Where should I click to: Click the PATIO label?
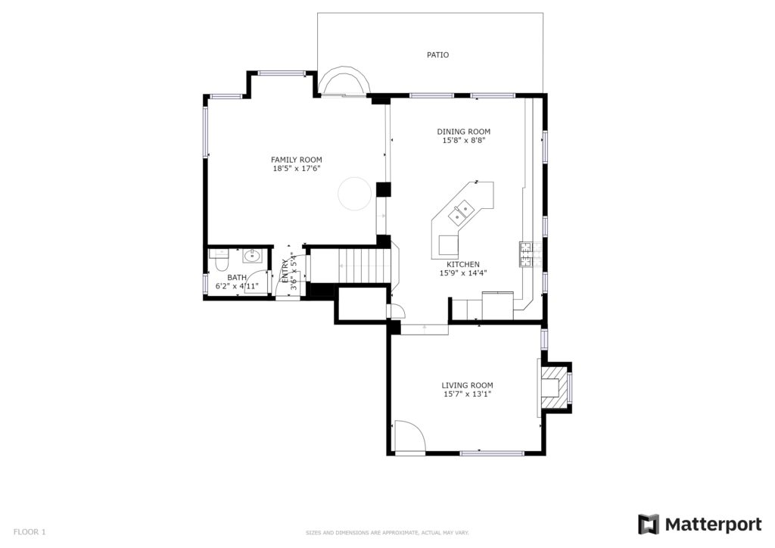(x=438, y=54)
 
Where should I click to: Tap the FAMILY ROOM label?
(x=297, y=160)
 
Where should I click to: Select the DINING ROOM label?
(x=464, y=132)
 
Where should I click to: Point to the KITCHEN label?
(x=463, y=264)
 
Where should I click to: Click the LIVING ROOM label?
(x=467, y=385)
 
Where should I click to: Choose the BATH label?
(x=237, y=278)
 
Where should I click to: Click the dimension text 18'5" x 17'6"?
(x=297, y=169)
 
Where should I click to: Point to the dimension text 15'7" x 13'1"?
(x=467, y=394)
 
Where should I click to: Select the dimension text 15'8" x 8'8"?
(x=464, y=140)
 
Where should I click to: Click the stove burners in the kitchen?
(x=524, y=254)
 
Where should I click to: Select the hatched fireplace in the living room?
(x=554, y=388)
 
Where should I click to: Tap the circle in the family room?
(x=354, y=194)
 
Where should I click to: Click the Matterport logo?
(x=700, y=525)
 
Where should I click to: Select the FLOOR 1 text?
(x=30, y=532)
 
